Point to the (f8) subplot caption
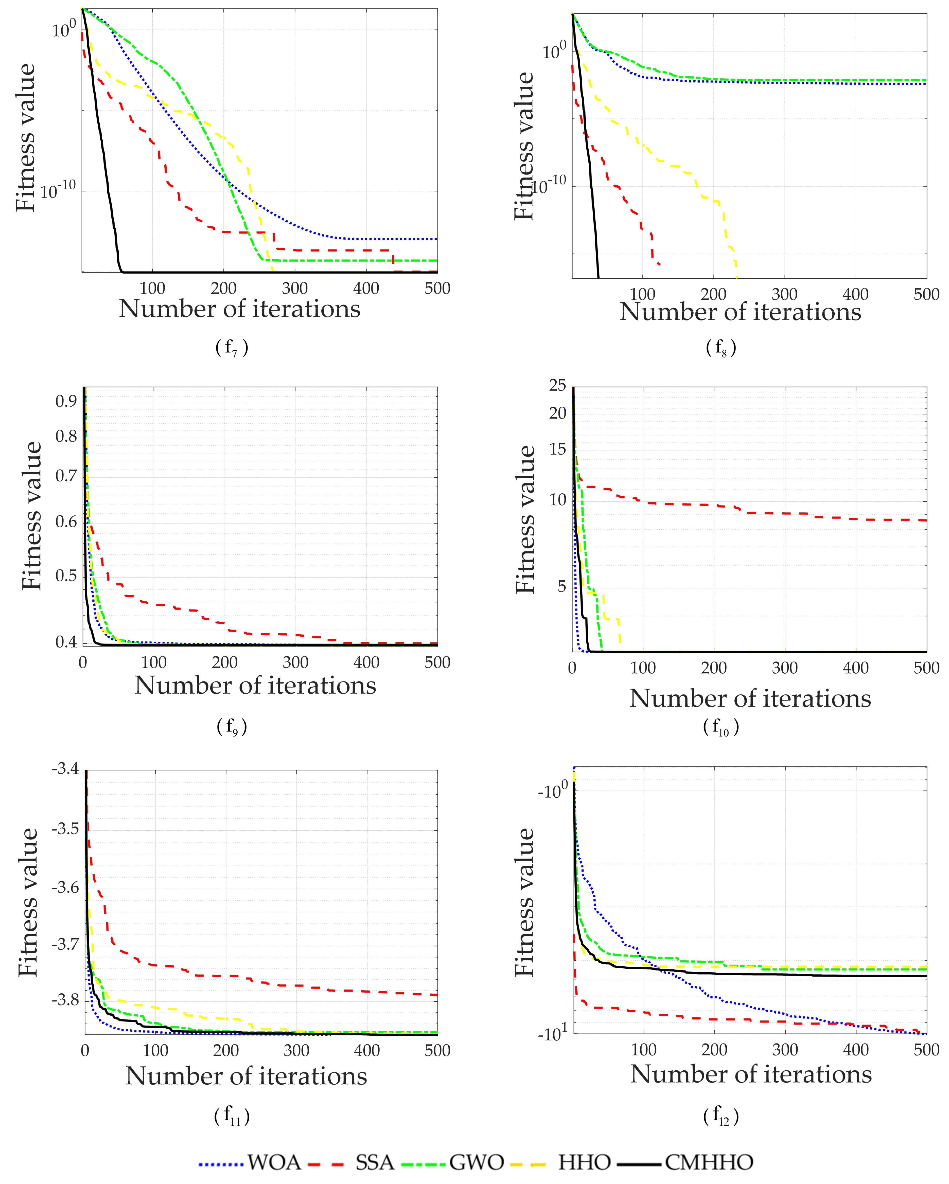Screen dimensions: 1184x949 (720, 347)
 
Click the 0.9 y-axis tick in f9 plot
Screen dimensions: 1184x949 (66, 401)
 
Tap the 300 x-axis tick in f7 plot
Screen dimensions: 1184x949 (295, 288)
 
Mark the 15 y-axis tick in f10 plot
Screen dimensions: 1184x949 (557, 449)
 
